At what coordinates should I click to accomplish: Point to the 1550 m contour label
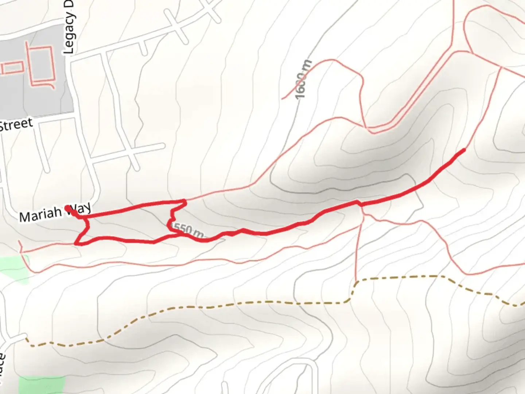coord(187,230)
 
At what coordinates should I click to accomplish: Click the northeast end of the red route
coord(464,150)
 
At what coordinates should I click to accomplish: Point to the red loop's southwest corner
coord(76,243)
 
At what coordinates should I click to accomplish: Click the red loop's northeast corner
coord(185,201)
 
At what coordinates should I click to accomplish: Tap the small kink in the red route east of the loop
coord(359,203)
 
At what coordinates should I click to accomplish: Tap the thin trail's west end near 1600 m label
coord(283,98)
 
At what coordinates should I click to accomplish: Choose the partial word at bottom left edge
coord(3,368)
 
